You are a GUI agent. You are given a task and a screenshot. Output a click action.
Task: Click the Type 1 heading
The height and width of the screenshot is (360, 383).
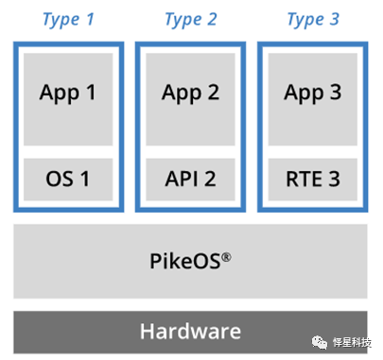(x=68, y=20)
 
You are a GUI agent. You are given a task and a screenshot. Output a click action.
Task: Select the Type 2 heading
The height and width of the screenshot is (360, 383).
(x=191, y=20)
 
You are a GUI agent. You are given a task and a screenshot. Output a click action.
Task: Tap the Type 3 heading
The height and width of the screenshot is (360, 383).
(x=313, y=20)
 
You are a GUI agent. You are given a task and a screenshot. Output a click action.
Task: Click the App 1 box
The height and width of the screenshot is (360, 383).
(x=68, y=99)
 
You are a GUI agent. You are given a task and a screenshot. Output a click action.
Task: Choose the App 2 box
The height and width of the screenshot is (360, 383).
(x=190, y=99)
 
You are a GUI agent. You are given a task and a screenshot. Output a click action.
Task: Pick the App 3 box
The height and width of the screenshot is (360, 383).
(x=313, y=99)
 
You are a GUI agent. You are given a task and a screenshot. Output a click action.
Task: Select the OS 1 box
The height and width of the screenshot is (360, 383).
(x=68, y=180)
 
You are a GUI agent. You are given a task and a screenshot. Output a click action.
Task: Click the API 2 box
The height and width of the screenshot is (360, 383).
(x=190, y=180)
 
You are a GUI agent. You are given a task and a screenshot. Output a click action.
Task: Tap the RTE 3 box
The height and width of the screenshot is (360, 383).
(x=313, y=180)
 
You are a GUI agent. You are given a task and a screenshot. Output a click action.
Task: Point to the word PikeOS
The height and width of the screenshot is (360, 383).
(x=185, y=261)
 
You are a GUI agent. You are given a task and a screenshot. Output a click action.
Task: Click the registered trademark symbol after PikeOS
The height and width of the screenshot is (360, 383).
(x=226, y=257)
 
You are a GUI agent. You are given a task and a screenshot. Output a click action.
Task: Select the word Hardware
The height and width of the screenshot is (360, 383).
(x=190, y=332)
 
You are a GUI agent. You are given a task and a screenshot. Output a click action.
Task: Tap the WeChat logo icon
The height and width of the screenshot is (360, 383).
(x=320, y=342)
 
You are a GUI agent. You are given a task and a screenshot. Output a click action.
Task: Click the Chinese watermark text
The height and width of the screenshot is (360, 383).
(x=352, y=342)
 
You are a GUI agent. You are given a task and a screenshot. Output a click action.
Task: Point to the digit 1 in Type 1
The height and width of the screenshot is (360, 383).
(x=90, y=19)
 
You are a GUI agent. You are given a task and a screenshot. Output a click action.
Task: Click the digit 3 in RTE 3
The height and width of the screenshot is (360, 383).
(x=335, y=179)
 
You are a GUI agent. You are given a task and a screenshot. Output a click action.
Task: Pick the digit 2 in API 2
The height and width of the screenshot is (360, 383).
(x=210, y=179)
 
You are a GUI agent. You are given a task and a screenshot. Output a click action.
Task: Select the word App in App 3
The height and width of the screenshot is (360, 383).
(x=304, y=94)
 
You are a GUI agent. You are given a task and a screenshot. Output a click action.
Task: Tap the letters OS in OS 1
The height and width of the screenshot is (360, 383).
(x=60, y=179)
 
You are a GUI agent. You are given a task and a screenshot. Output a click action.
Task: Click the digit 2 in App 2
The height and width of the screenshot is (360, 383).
(x=213, y=93)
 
